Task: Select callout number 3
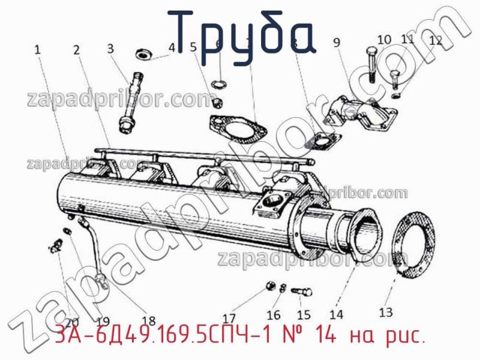tap(110, 48)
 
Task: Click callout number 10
tap(384, 40)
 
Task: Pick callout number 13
tap(386, 311)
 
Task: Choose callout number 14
tap(336, 313)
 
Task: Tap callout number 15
tap(304, 314)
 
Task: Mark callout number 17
tap(229, 318)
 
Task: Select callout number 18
tap(148, 320)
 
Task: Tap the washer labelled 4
tap(144, 54)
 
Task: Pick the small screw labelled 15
tap(302, 292)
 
